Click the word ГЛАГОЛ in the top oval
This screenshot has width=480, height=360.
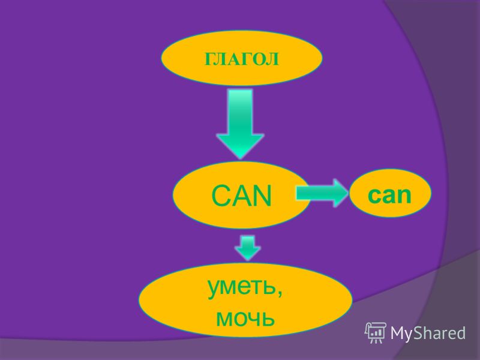242,59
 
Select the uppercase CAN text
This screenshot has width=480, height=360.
242,196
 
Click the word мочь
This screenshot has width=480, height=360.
245,318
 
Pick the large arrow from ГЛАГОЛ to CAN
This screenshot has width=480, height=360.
240,124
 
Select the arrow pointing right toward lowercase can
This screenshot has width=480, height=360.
322,193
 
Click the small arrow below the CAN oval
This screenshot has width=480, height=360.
248,248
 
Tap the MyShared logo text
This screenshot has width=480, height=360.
428,333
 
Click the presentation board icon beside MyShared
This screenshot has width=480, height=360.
376,332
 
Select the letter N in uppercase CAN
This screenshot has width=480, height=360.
263,196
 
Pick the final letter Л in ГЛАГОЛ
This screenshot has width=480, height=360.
273,59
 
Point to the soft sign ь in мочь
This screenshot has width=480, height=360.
268,319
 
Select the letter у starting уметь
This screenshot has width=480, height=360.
214,290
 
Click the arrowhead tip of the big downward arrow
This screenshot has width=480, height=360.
241,158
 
